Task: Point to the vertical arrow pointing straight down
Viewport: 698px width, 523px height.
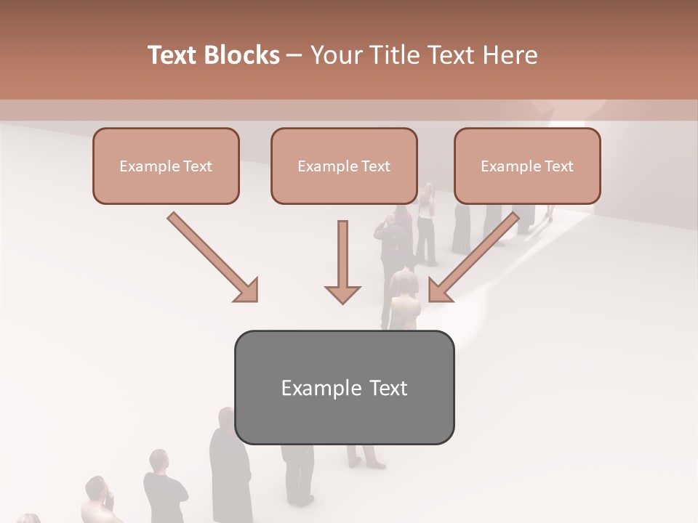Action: pos(342,261)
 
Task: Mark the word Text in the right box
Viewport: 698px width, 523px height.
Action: pos(558,166)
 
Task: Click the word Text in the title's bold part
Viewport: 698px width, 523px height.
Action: pos(173,55)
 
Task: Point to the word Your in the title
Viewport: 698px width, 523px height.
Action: pos(337,55)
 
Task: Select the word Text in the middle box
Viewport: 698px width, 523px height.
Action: pos(375,166)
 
